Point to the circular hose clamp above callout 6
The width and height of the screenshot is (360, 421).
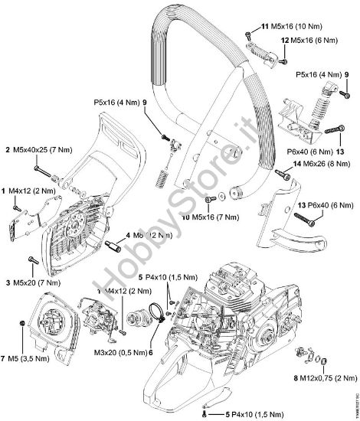154,312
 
